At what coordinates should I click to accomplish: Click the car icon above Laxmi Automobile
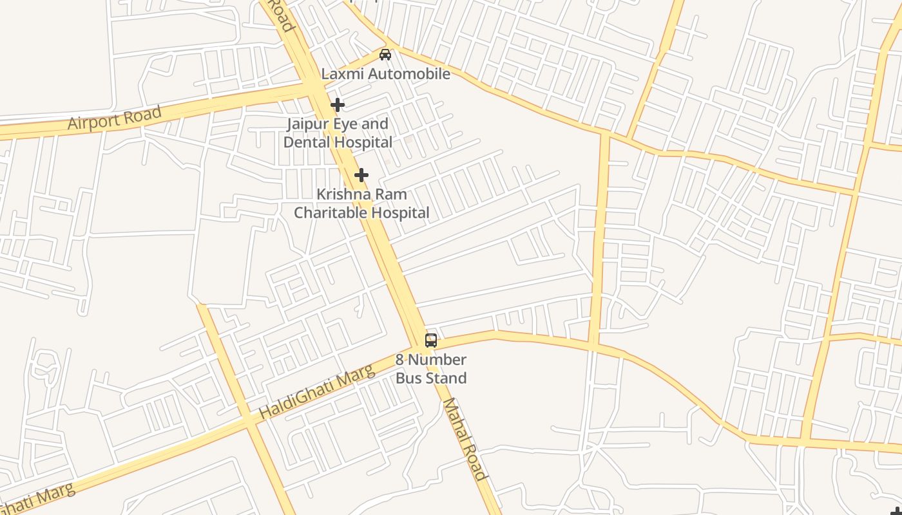click(385, 55)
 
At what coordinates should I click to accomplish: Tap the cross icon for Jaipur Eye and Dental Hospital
click(337, 104)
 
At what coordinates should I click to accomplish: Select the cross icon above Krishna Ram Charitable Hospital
click(361, 174)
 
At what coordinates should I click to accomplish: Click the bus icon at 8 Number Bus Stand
click(430, 341)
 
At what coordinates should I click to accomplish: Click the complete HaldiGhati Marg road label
click(316, 391)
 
